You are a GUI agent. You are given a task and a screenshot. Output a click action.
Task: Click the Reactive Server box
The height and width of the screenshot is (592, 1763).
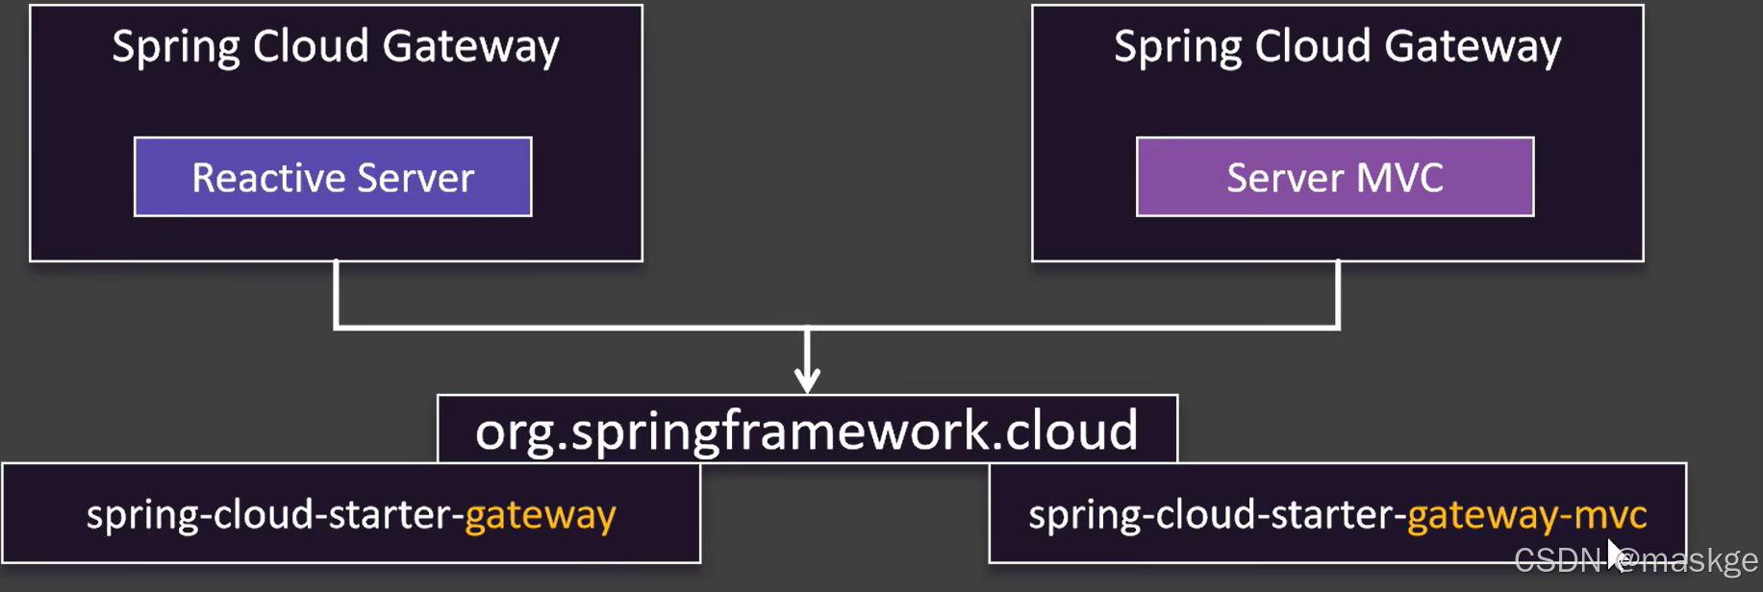coord(333,177)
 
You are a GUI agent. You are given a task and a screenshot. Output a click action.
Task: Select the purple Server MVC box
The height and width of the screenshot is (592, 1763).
coord(1335,177)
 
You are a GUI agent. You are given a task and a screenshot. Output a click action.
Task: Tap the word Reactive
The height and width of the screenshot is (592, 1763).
coord(268,178)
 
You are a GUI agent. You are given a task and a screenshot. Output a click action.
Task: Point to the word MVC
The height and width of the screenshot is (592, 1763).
coord(1399,178)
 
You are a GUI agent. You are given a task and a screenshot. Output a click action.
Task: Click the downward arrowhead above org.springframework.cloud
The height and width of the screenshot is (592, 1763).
coord(807,380)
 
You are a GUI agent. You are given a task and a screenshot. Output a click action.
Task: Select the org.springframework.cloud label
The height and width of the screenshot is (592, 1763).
coord(807,430)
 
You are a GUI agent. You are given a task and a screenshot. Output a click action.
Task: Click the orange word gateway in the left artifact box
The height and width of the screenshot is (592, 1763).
coord(541,515)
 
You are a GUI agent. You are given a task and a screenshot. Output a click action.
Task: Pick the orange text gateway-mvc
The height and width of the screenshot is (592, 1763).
coord(1526,515)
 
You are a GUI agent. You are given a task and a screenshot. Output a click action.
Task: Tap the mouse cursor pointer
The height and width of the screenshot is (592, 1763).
coord(1616,555)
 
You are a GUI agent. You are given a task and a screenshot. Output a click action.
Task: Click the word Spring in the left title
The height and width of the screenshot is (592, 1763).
coord(175,47)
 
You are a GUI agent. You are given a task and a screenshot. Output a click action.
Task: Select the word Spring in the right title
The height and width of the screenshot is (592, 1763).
coord(1177,47)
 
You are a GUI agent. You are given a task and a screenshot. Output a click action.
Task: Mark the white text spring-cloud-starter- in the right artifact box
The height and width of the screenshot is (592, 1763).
coord(1217,515)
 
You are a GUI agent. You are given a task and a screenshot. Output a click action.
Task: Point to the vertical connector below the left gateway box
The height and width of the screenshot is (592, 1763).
coord(336,293)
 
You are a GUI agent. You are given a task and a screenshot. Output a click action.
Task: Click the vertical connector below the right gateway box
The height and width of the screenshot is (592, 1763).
coord(1338,293)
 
